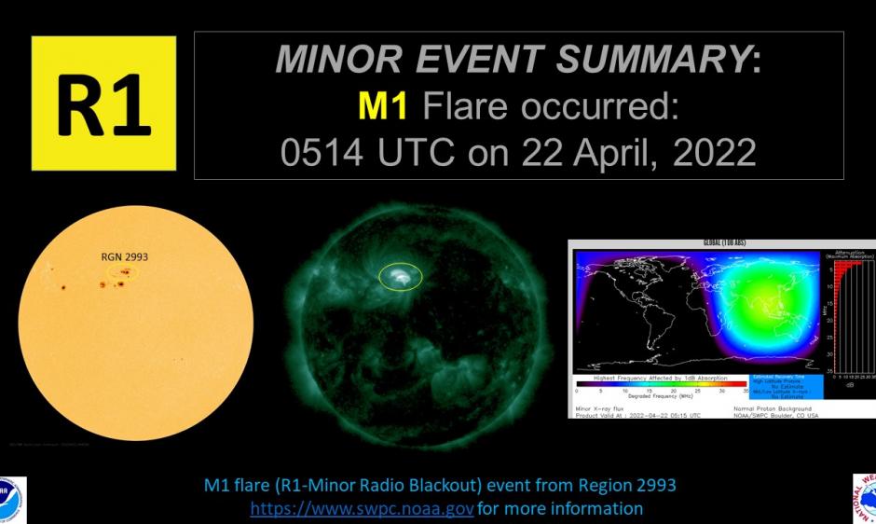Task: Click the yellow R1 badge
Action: point(103,103)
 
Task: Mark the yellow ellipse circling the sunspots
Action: point(123,273)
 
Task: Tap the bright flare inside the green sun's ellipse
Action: point(399,276)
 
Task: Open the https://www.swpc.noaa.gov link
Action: point(362,509)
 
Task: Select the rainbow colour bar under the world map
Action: point(660,382)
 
